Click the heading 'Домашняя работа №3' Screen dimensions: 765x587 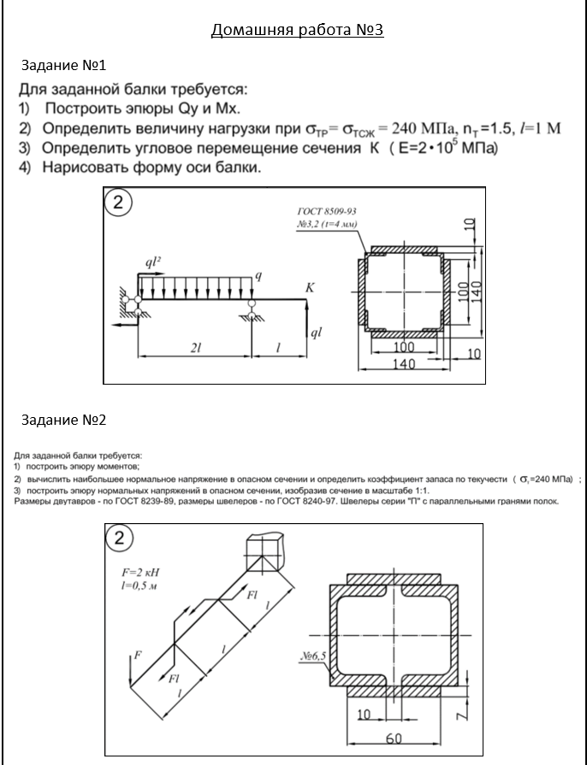(x=297, y=31)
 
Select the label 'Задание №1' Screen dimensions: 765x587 (x=63, y=65)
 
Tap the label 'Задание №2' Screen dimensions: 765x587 (x=63, y=421)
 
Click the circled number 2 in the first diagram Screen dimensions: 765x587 (x=119, y=203)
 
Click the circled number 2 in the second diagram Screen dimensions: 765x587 (x=119, y=538)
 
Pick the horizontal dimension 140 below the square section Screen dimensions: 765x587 (x=403, y=364)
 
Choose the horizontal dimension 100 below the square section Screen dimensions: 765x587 (x=403, y=348)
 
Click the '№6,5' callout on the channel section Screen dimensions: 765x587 (x=314, y=656)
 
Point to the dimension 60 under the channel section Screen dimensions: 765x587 (x=393, y=737)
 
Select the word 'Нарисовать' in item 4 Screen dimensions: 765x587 (x=86, y=168)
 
